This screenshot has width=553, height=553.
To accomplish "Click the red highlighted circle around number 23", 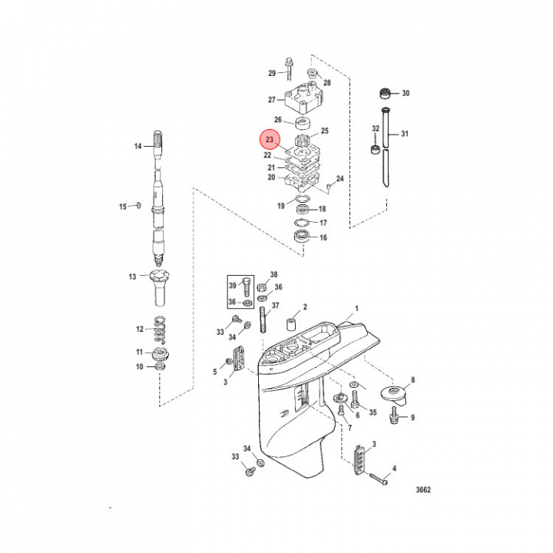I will pyautogui.click(x=269, y=141).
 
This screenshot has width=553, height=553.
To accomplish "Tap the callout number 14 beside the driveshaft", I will pyautogui.click(x=139, y=145).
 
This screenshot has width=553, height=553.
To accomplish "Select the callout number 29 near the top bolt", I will pyautogui.click(x=271, y=74).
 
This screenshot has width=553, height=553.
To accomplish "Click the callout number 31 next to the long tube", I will pyautogui.click(x=405, y=134).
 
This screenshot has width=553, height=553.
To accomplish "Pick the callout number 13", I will pyautogui.click(x=132, y=276).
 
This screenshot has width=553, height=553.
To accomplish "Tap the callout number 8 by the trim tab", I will pyautogui.click(x=412, y=379).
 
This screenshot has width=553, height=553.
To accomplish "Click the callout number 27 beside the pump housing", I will pyautogui.click(x=271, y=100).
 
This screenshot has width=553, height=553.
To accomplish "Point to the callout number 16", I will pyautogui.click(x=323, y=238).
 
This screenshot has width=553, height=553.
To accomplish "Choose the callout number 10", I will pyautogui.click(x=140, y=367).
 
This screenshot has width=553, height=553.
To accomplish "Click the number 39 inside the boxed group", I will pyautogui.click(x=233, y=286).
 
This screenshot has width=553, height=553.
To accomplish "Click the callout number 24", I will pyautogui.click(x=339, y=179).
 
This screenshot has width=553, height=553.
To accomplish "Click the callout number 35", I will pyautogui.click(x=373, y=412).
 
